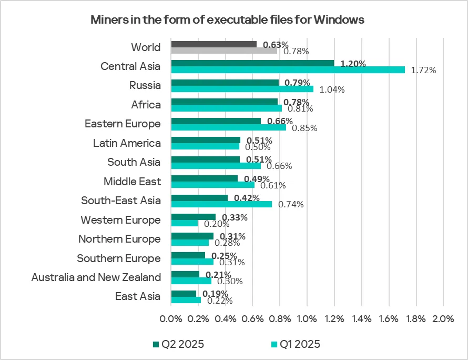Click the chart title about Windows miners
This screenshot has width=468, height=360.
point(227,20)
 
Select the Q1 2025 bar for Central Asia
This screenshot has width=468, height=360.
point(288,69)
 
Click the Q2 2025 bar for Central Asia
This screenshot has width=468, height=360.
point(253,63)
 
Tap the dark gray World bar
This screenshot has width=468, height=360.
point(214,44)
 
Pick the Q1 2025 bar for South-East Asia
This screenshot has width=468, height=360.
point(222,204)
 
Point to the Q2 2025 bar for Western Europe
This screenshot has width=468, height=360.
point(194,217)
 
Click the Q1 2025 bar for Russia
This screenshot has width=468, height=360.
point(242,89)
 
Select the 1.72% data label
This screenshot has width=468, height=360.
point(423,70)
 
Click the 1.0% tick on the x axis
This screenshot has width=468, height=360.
point(307,319)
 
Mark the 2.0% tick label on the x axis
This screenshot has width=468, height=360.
point(443,319)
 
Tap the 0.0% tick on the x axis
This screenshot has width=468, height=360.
point(171,319)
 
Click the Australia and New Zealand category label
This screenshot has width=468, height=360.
point(96,277)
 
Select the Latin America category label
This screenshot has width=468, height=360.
point(127,143)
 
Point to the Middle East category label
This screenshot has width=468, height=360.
point(132,182)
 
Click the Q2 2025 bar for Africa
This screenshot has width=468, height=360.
point(225,102)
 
